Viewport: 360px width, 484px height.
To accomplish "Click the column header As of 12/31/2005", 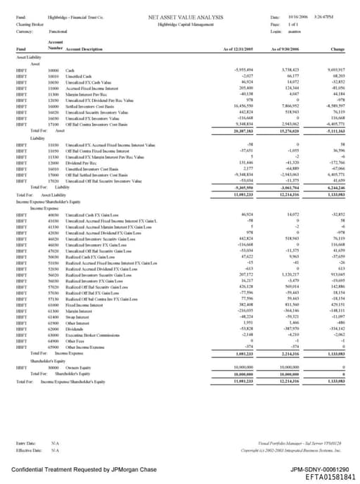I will [x=238, y=49].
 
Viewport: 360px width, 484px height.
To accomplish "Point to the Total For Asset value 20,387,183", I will [x=241, y=130].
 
